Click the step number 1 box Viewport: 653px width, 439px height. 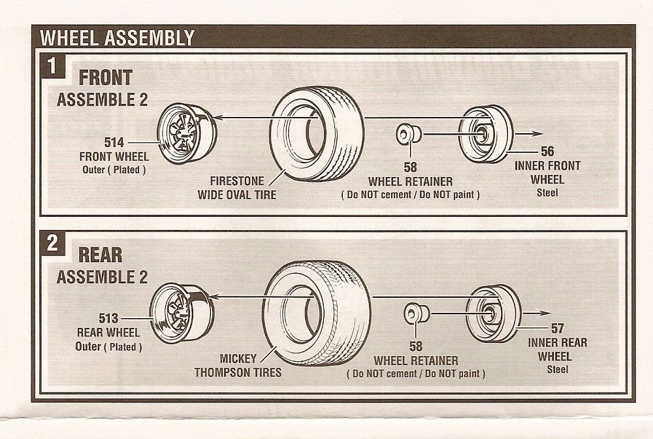pos(52,66)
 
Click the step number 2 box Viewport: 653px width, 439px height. pos(52,243)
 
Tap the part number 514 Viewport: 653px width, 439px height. pos(114,142)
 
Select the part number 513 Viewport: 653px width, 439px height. pos(108,318)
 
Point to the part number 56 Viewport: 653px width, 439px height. pos(547,151)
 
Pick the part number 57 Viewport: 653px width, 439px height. pos(557,328)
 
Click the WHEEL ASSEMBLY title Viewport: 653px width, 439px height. pos(118,38)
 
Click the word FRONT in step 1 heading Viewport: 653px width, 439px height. pos(105,78)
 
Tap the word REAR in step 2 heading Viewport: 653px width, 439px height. pos(101,255)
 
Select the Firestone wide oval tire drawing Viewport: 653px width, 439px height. pos(317,133)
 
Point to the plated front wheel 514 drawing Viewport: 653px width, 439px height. pos(187,133)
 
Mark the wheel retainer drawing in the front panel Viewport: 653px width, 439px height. pos(408,134)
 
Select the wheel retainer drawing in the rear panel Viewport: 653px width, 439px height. pos(417,313)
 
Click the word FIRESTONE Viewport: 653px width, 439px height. pos(236,181)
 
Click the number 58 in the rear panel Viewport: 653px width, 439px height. pos(415,346)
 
